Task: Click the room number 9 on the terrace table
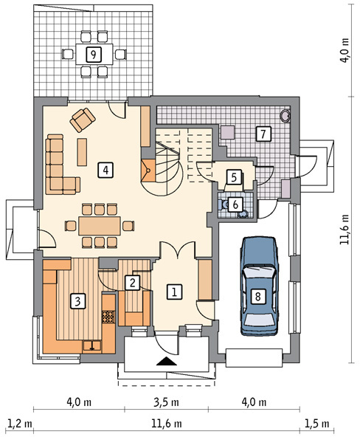pyautogui.click(x=94, y=54)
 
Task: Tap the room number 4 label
pyautogui.click(x=105, y=170)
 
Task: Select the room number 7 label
pyautogui.click(x=263, y=134)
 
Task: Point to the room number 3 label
pyautogui.click(x=77, y=301)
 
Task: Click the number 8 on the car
pyautogui.click(x=257, y=296)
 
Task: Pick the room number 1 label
pyautogui.click(x=174, y=292)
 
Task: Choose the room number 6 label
pyautogui.click(x=235, y=204)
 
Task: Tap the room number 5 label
pyautogui.click(x=234, y=176)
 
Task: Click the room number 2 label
pyautogui.click(x=132, y=283)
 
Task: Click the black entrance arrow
pyautogui.click(x=167, y=361)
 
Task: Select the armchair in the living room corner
pyautogui.click(x=83, y=120)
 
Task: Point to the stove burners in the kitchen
pyautogui.click(x=108, y=317)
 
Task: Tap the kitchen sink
pyautogui.click(x=92, y=345)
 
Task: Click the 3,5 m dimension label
pyautogui.click(x=166, y=402)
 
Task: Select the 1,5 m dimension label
pyautogui.click(x=317, y=424)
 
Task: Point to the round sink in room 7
pyautogui.click(x=285, y=116)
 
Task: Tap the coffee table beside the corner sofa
pyautogui.click(x=82, y=152)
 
